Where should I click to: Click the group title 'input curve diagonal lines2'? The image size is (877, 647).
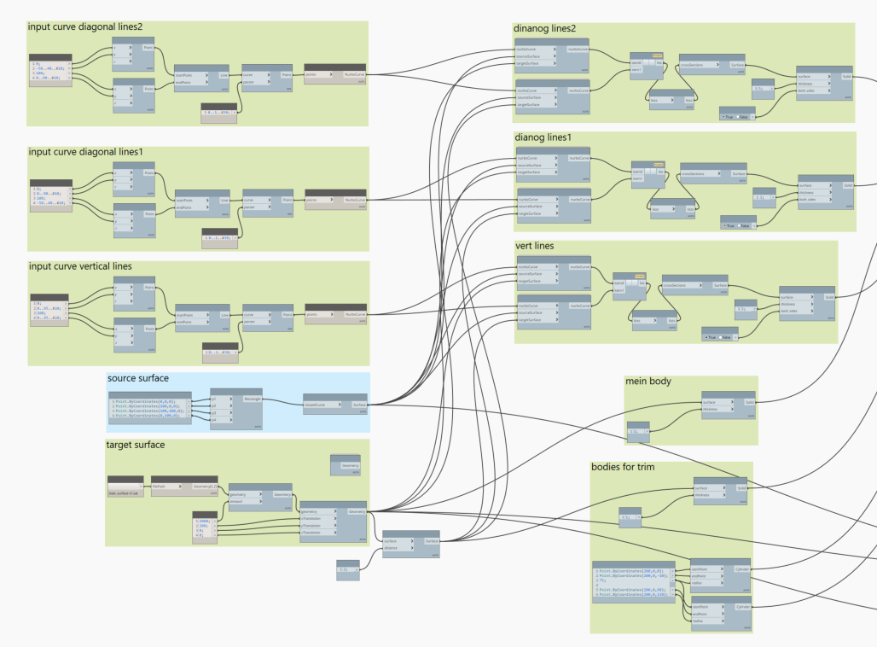tap(84, 27)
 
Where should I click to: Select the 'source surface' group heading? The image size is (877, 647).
tap(137, 378)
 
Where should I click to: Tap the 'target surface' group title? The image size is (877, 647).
tap(135, 445)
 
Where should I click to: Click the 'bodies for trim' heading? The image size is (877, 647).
tap(629, 467)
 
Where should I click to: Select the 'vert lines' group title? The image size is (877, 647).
tap(534, 246)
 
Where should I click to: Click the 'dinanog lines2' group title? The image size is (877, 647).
tap(544, 28)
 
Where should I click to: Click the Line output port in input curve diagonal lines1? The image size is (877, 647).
tap(224, 199)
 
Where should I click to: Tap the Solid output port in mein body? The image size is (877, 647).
tap(750, 401)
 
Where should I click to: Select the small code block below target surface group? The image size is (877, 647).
tap(347, 570)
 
